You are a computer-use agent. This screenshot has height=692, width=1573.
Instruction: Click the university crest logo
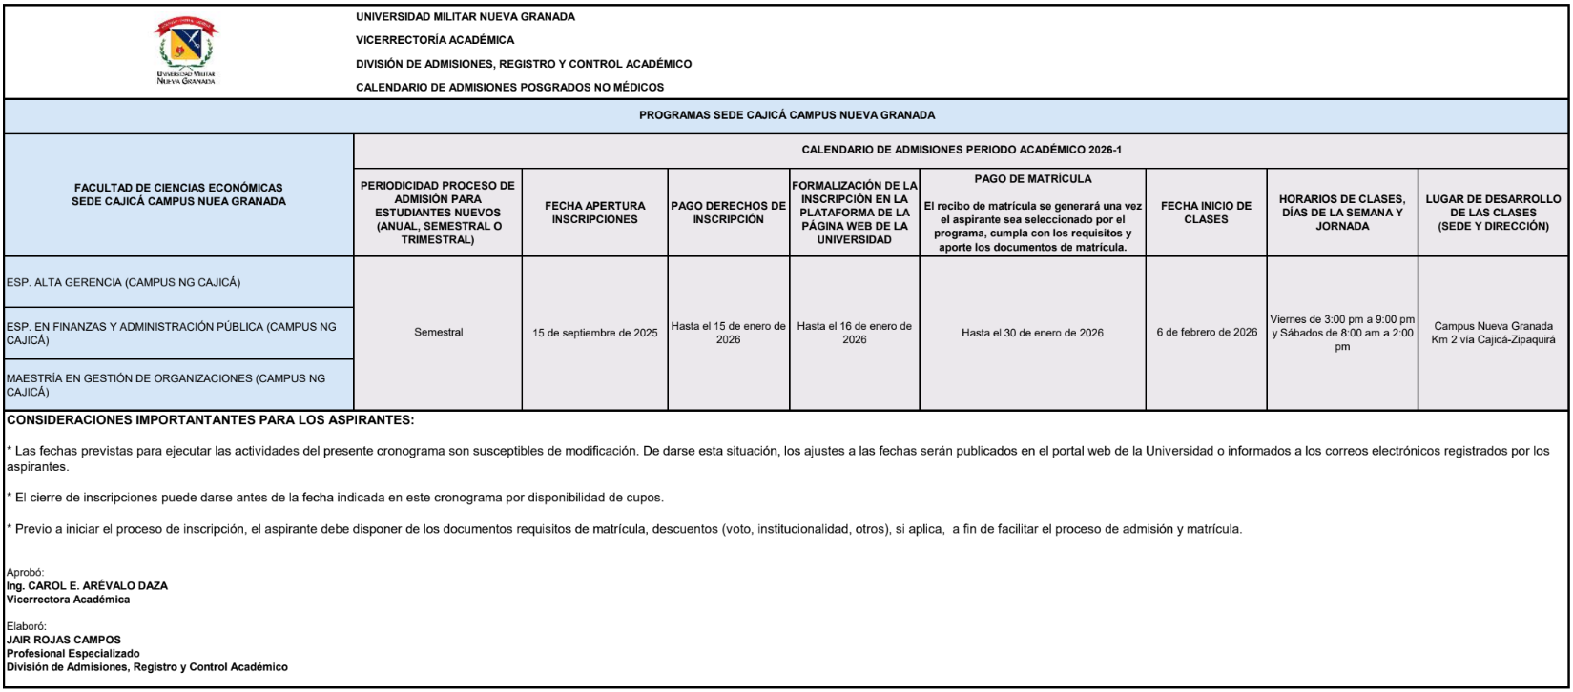(186, 48)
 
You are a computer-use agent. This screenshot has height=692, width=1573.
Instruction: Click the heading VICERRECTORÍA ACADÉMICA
(435, 40)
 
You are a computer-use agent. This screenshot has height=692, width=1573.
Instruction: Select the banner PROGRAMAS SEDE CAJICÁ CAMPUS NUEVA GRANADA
(786, 115)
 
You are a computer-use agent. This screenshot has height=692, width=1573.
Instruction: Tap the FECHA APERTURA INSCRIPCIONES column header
(594, 213)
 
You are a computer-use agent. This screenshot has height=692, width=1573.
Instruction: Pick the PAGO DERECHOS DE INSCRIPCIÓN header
(729, 213)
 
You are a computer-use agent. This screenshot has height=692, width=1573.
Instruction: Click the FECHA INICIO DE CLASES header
(1206, 213)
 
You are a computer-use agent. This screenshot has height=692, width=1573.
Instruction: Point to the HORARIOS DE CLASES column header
(1341, 213)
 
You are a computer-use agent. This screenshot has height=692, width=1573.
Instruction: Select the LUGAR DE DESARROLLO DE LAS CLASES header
(1493, 213)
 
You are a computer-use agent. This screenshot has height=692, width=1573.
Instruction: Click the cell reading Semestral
(439, 333)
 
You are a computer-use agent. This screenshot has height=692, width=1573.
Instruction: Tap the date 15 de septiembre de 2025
(595, 333)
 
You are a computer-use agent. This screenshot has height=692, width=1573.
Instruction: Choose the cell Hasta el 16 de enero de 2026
(855, 333)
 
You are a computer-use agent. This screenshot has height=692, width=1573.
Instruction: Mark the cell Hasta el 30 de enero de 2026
(1032, 333)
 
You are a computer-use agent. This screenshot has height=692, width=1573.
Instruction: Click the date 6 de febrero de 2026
(1206, 333)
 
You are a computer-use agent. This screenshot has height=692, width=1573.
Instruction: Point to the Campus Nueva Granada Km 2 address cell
(1493, 333)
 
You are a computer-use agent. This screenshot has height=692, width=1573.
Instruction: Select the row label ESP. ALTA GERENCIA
(123, 283)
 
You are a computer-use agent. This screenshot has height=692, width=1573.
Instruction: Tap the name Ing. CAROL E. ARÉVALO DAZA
(87, 586)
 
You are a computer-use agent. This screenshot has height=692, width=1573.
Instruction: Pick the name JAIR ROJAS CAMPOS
(64, 640)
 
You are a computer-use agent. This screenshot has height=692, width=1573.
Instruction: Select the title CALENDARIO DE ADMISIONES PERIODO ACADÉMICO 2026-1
(962, 150)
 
